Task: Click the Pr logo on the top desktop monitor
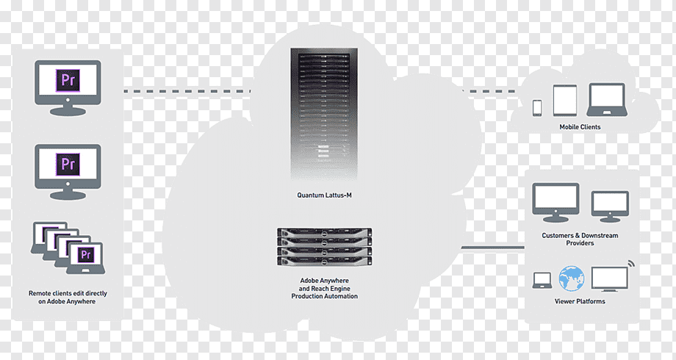coord(68,80)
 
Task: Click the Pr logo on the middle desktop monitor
coord(68,165)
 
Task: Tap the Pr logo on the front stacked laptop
coord(85,254)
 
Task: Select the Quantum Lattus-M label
coord(324,195)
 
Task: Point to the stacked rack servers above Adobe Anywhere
coord(324,247)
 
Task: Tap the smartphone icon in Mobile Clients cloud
coord(537,108)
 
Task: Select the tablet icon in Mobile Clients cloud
coord(565,100)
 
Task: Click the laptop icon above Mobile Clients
coord(607,100)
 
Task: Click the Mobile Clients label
coord(580,127)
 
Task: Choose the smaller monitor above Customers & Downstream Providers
coord(610,207)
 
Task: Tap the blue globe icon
coord(572,278)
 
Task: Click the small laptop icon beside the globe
coord(542,280)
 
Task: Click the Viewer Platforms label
coord(580,301)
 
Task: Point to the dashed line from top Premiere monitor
coord(187,91)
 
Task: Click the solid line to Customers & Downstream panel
coord(493,248)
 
